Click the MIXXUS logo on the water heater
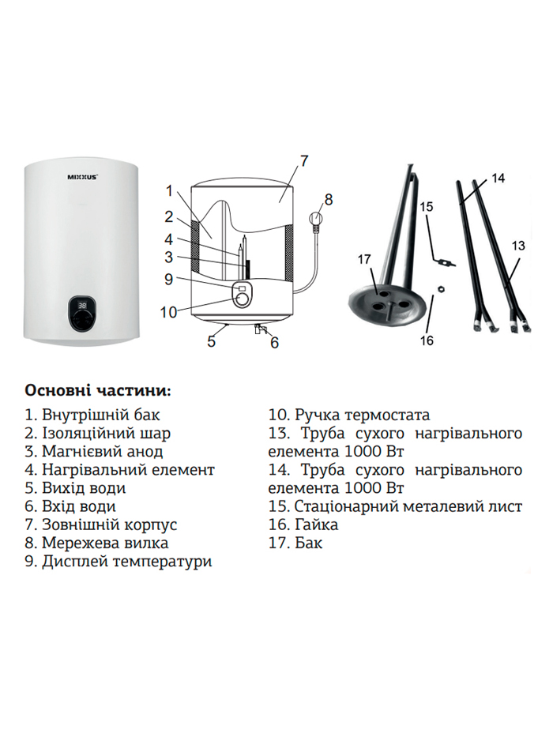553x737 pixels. pyautogui.click(x=83, y=177)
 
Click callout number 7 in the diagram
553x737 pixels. pyautogui.click(x=304, y=160)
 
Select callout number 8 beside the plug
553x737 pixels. pyautogui.click(x=328, y=199)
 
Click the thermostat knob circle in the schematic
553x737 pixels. pyautogui.click(x=243, y=299)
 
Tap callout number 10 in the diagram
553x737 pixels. pyautogui.click(x=168, y=312)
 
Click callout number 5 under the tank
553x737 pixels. pyautogui.click(x=212, y=341)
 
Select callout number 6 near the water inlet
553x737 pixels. pyautogui.click(x=274, y=343)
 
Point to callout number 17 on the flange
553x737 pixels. pyautogui.click(x=364, y=259)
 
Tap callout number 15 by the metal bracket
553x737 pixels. pyautogui.click(x=427, y=207)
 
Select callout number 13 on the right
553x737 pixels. pyautogui.click(x=518, y=246)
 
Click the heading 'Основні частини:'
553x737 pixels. pyautogui.click(x=98, y=391)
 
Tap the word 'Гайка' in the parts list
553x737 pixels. pyautogui.click(x=317, y=525)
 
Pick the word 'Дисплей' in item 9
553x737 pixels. pyautogui.click(x=74, y=561)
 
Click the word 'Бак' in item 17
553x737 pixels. pyautogui.click(x=308, y=543)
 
